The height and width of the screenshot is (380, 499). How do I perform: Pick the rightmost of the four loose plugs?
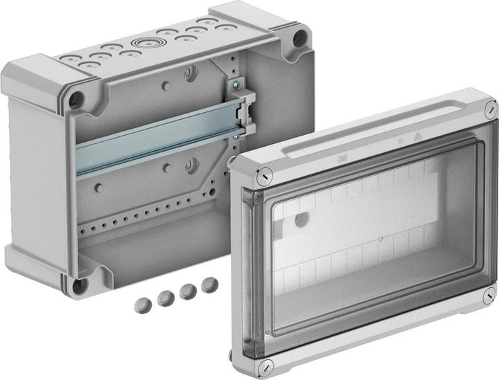click(208, 284)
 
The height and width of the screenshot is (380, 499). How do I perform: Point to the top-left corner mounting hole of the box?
click(76, 99)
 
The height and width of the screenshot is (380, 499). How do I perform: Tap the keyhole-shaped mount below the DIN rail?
click(191, 165)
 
